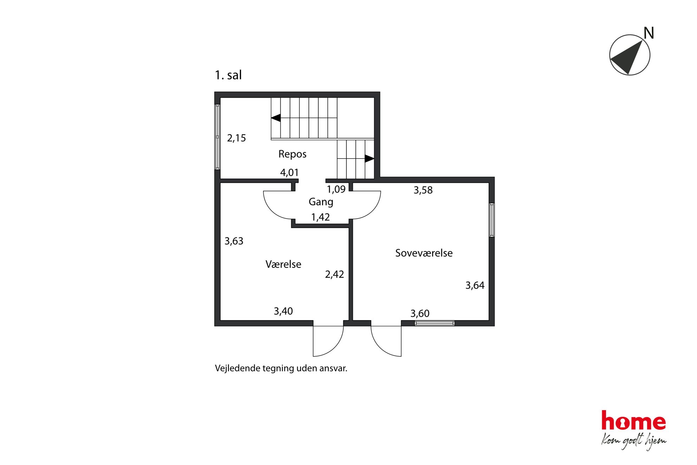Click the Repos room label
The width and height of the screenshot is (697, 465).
pos(292,154)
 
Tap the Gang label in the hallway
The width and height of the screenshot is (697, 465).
pos(321,202)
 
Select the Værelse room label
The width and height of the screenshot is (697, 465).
pos(283,264)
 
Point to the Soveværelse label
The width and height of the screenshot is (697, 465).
pos(424,253)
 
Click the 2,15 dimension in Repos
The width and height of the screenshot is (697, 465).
pos(236,138)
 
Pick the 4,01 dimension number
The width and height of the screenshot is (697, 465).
pos(289,173)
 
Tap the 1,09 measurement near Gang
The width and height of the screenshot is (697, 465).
pos(336,189)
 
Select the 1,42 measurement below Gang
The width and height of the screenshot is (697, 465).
pos(320,217)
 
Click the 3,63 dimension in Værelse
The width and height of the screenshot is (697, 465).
pos(234,241)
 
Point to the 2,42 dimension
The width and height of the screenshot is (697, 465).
pos(334,275)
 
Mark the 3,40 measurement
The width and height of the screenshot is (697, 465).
pos(283,311)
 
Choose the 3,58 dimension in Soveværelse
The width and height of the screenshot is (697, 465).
pos(423,190)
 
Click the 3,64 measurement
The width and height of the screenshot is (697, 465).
pos(475,285)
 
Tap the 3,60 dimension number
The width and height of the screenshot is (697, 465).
pos(420,314)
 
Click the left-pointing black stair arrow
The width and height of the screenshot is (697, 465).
pos(276,118)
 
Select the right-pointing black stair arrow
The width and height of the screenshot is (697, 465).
pos(370,159)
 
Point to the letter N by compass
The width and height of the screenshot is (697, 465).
pos(649,33)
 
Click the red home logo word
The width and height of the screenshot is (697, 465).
pos(633,420)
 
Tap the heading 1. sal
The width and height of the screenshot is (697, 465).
pos(228,75)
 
